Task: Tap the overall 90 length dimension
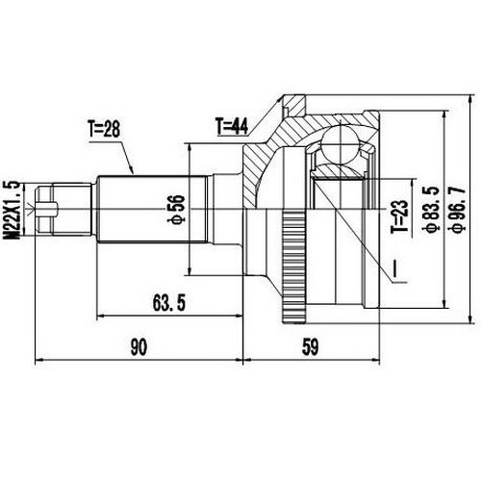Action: tap(139, 344)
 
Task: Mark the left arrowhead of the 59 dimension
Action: tap(249, 359)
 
